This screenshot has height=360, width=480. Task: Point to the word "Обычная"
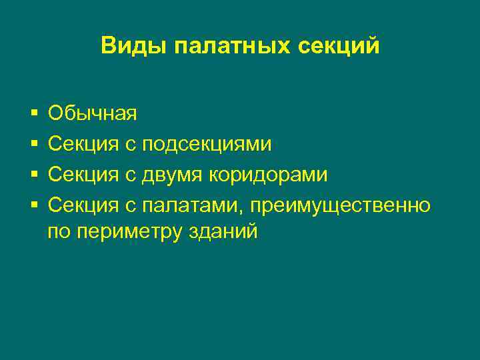(x=93, y=113)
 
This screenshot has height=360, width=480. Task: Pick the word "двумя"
(x=173, y=175)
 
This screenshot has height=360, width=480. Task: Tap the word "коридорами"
(x=269, y=175)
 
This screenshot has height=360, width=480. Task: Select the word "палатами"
(x=189, y=205)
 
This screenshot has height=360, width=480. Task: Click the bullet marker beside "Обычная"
(x=33, y=114)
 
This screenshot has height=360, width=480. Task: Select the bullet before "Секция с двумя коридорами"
(x=33, y=175)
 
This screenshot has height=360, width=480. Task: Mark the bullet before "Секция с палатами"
(x=33, y=205)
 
